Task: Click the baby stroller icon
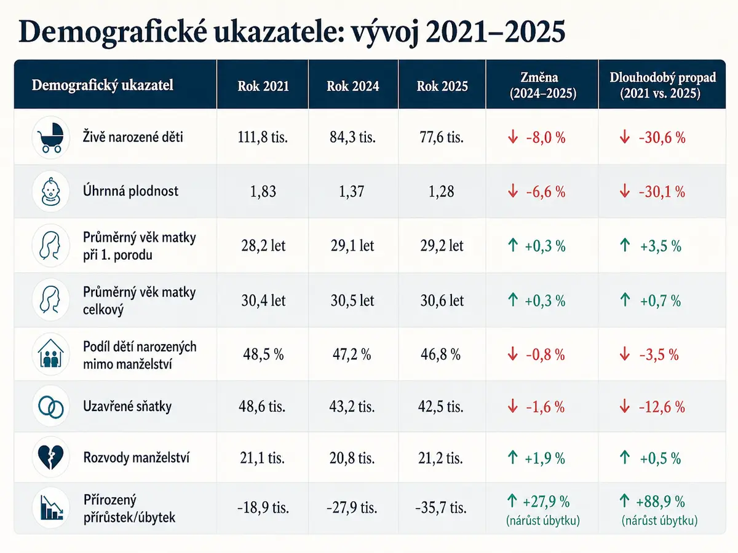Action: click(x=51, y=138)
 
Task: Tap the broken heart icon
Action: click(x=51, y=457)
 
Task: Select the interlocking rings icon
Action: click(x=51, y=407)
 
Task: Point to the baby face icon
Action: click(x=51, y=191)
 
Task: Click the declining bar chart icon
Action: click(x=51, y=508)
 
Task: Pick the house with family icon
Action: click(x=51, y=354)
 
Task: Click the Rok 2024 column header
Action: click(x=352, y=86)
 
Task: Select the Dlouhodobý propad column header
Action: click(x=662, y=85)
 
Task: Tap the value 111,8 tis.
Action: click(x=263, y=137)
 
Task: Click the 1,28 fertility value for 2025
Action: click(x=441, y=192)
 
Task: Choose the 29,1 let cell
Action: click(x=352, y=246)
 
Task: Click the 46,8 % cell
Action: click(x=440, y=355)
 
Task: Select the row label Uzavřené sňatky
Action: click(x=127, y=407)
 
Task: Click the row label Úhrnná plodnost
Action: click(x=130, y=191)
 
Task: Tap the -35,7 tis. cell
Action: click(x=441, y=508)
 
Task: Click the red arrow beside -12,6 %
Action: click(x=625, y=406)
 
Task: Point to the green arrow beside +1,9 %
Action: click(x=513, y=457)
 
